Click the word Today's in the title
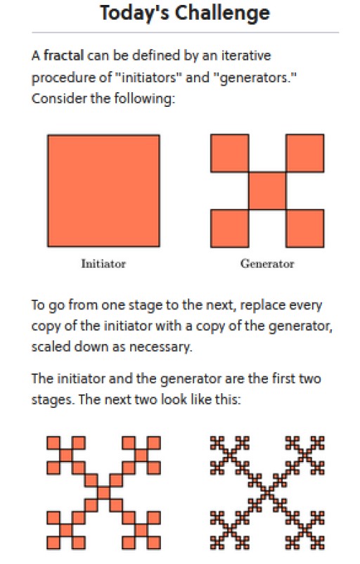134,13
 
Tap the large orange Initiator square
103,191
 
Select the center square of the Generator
267,191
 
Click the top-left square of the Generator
229,153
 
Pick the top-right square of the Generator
305,153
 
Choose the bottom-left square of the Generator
229,229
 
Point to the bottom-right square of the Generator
305,229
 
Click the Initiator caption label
103,264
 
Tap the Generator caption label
267,264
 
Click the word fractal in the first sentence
64,56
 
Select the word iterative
246,56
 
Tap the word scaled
51,347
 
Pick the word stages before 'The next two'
51,400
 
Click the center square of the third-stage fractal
103,492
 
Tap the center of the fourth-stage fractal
267,492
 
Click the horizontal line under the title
185,32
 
